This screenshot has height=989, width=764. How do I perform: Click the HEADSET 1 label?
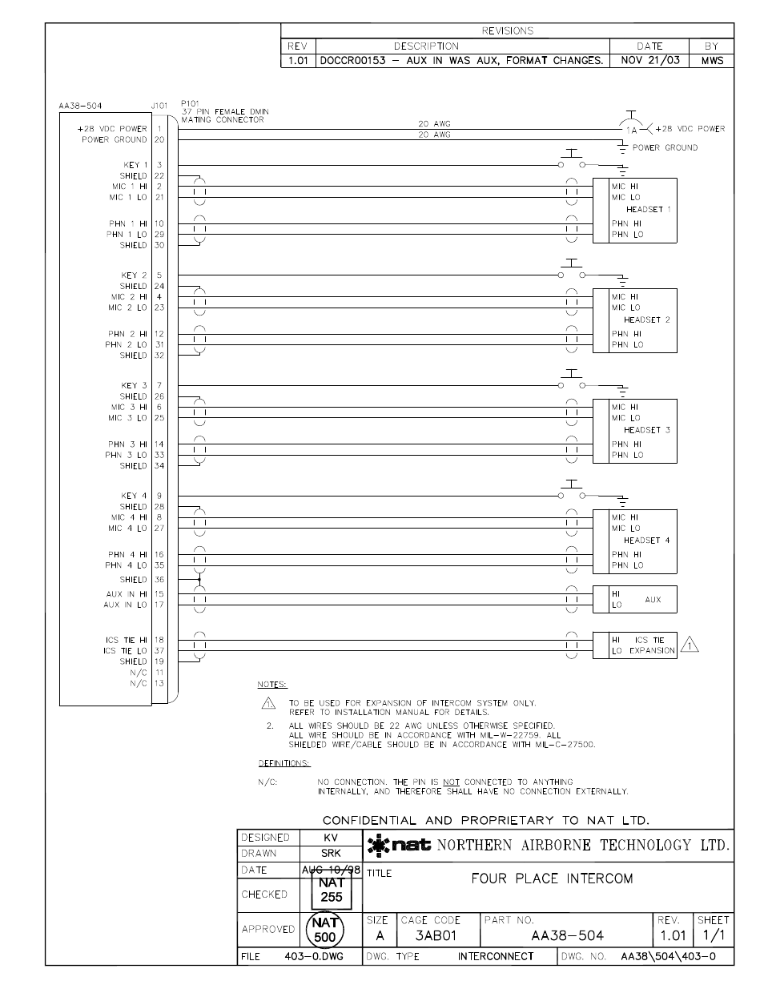coord(648,209)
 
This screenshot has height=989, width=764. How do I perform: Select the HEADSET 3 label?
coord(647,430)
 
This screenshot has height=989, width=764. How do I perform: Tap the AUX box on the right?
coord(634,599)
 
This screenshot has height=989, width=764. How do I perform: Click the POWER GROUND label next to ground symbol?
coord(665,147)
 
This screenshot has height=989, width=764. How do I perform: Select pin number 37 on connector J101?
coord(159,650)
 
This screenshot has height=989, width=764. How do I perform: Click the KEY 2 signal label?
coord(134,275)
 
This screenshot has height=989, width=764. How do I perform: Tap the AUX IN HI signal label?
coord(127,594)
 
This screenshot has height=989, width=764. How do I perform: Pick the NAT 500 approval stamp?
coord(325,929)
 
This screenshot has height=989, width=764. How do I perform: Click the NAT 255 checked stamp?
coord(332,890)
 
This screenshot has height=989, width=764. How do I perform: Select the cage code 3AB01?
coord(435,935)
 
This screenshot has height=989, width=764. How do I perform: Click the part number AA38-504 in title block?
coord(567,935)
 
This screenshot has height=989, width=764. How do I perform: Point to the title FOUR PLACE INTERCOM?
coord(552,878)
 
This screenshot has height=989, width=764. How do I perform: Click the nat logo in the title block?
coord(400,845)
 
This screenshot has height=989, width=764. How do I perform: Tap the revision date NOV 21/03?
coord(649,60)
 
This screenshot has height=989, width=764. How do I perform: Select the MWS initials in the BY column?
coord(711,60)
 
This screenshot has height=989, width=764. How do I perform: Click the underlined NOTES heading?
coord(271,685)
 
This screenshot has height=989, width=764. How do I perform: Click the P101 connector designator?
coord(190,103)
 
